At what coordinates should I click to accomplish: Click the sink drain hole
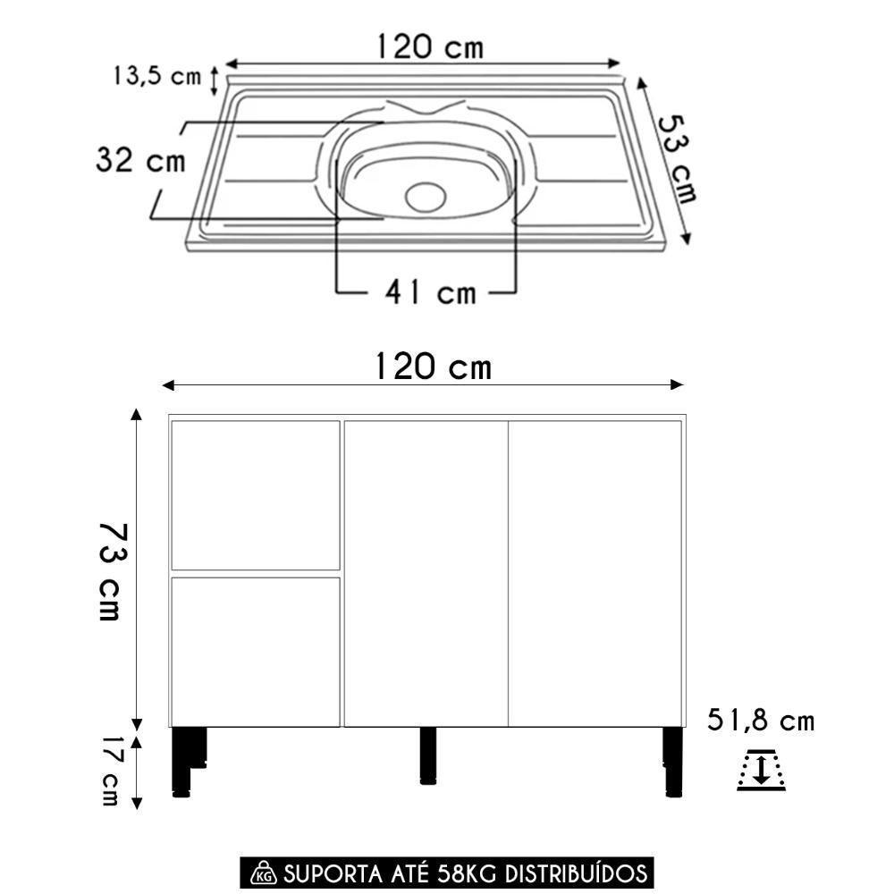coord(425,196)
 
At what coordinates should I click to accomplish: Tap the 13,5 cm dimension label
coord(156,76)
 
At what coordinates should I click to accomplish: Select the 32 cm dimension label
coord(140,161)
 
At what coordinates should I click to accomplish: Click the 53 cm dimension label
coord(675,157)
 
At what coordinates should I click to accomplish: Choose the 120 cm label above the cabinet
coord(432,366)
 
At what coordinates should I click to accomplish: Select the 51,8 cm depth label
coord(761,721)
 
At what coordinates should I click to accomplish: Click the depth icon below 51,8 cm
coord(761,771)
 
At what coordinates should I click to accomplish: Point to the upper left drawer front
coord(255,494)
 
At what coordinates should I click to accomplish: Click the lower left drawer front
coord(255,651)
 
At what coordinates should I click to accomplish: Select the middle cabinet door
coord(426,573)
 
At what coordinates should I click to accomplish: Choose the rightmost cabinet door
coord(595,573)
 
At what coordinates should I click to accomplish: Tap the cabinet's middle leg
coord(428,755)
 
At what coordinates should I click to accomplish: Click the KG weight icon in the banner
coord(263,873)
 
